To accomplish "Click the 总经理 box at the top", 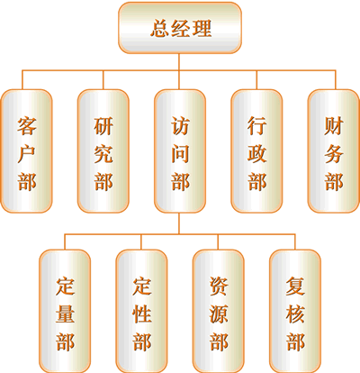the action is [x=180, y=28].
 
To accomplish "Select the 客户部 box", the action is [x=27, y=151].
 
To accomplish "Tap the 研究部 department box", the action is [x=103, y=151].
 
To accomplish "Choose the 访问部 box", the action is [x=180, y=151].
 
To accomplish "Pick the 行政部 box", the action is [x=256, y=151].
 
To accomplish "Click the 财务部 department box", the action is [x=334, y=151].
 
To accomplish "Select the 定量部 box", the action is [x=65, y=312].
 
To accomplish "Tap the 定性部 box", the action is [x=141, y=312].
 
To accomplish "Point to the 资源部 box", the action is [x=219, y=312].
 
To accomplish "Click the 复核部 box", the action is [x=295, y=312].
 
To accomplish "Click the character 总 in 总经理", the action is [x=159, y=28].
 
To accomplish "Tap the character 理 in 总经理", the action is [x=202, y=28].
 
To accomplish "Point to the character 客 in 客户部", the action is [x=27, y=126].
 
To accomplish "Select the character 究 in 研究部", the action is [x=103, y=154].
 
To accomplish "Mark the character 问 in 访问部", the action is [x=180, y=154].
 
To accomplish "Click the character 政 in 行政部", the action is [x=256, y=154].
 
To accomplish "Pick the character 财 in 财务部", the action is [x=334, y=126].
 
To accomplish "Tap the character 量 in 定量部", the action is [x=65, y=314].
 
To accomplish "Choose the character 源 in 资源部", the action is [x=219, y=314].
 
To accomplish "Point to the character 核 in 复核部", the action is [x=295, y=314].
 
